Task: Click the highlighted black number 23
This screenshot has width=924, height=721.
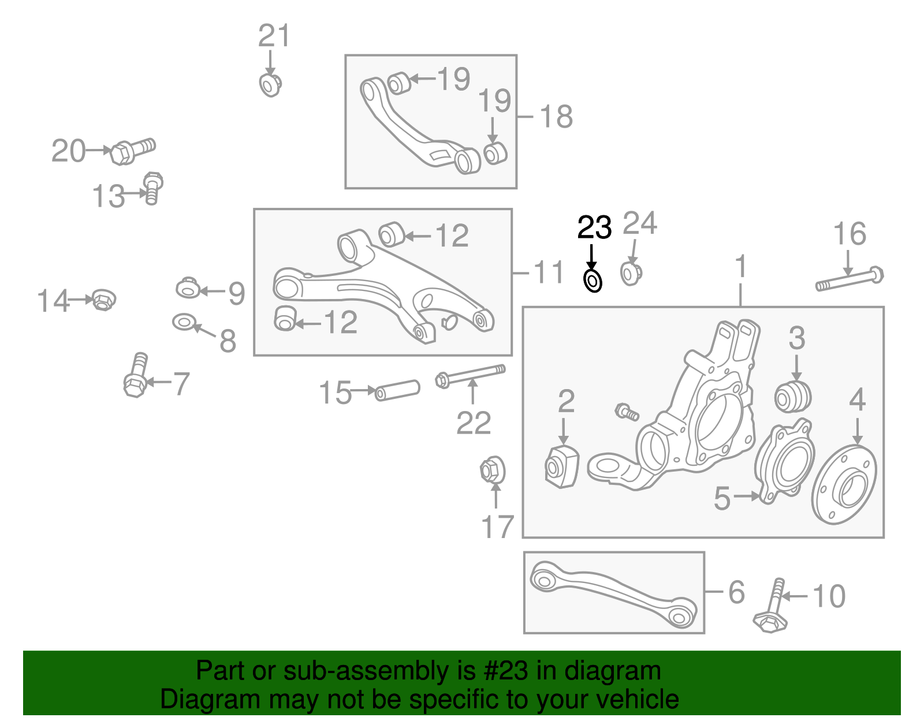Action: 594,228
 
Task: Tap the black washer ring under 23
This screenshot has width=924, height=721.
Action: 593,282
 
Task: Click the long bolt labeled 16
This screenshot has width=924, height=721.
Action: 849,281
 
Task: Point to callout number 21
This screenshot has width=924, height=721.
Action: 274,36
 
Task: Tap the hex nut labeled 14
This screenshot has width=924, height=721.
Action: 103,300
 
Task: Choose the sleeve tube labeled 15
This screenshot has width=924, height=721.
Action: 397,390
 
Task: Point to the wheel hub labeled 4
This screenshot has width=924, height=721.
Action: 844,484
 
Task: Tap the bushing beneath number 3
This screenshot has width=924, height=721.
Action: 793,396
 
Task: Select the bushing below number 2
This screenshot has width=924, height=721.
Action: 561,466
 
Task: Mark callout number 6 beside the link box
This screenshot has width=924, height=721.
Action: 736,592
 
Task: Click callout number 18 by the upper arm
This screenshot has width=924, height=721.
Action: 556,117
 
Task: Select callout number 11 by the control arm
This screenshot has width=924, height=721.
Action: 548,272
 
